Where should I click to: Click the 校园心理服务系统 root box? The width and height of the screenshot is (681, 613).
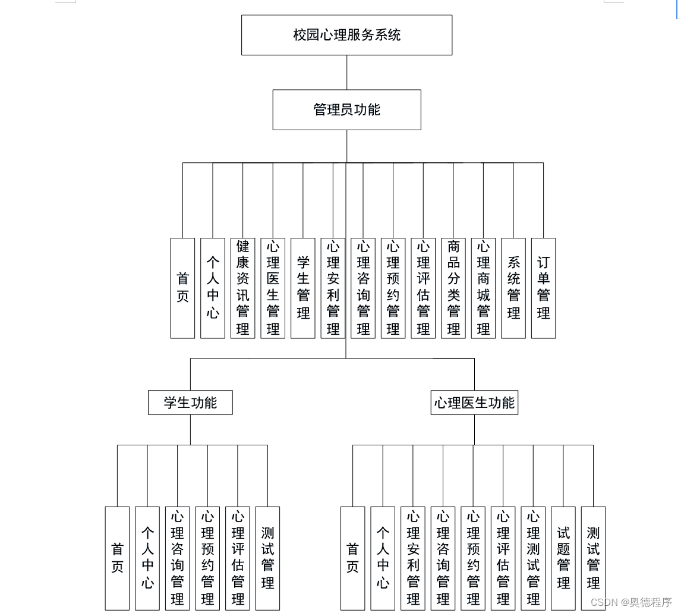(346, 35)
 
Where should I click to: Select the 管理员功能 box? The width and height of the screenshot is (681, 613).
(346, 110)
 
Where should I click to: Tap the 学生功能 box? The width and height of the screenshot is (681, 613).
(190, 403)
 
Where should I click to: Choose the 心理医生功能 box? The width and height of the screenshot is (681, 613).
(474, 403)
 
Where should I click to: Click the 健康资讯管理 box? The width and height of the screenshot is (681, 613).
(242, 288)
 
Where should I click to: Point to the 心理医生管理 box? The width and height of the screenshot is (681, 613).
(273, 288)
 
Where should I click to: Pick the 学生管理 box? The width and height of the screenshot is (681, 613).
(303, 288)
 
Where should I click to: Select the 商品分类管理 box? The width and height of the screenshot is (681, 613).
(453, 288)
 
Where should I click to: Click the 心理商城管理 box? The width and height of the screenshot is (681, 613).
(483, 288)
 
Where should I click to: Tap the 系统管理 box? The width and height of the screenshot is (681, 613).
(513, 288)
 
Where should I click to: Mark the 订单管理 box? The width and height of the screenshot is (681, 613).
(543, 288)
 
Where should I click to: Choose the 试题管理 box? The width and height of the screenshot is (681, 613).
(563, 558)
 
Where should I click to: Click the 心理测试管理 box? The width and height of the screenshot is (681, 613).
(533, 558)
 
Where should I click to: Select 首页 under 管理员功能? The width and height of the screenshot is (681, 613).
(182, 288)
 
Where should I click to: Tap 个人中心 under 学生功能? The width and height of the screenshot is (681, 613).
(147, 558)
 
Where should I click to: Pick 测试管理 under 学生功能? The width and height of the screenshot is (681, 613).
(267, 558)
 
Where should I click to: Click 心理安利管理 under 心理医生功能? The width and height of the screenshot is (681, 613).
(413, 558)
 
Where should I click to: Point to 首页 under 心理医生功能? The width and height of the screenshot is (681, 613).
(352, 558)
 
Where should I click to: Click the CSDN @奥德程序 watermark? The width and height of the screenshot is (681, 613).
(631, 602)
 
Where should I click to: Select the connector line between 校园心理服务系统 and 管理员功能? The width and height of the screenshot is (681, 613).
(346, 73)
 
